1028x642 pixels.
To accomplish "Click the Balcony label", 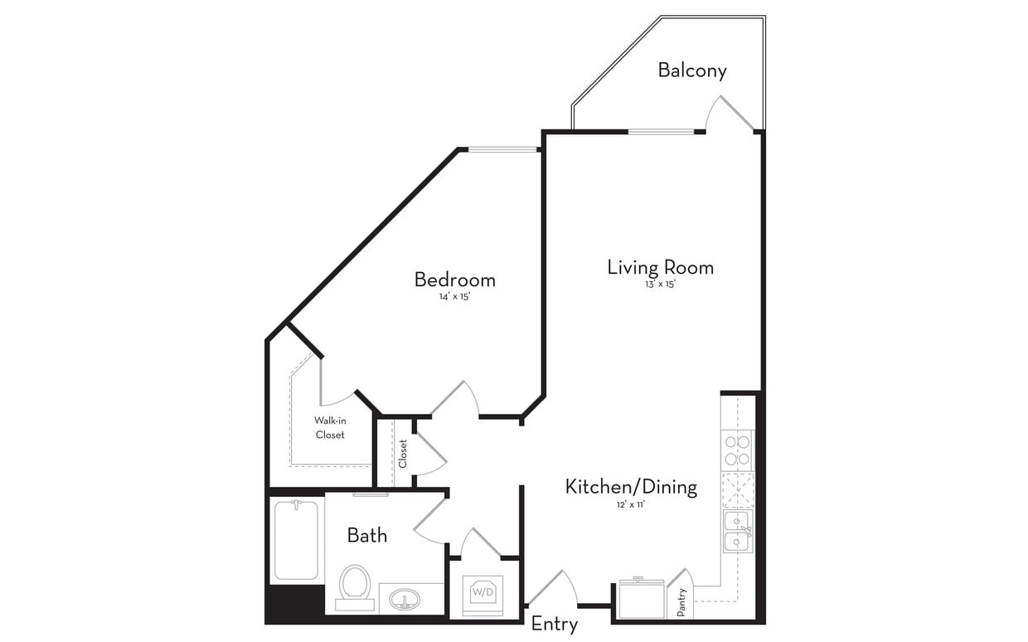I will (692, 71).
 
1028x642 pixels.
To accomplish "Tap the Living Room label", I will (660, 267).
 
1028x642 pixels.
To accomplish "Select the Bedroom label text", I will (454, 280).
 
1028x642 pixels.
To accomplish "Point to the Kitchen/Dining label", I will (631, 487).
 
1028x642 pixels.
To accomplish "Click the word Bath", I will (366, 536).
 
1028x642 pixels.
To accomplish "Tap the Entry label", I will (554, 624).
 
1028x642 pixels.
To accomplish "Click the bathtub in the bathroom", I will (296, 539).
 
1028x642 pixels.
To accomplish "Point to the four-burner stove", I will (737, 450).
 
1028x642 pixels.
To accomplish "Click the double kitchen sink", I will (736, 532).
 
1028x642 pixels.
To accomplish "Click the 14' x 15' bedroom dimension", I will (454, 297).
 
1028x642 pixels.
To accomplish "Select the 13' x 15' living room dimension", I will (660, 285).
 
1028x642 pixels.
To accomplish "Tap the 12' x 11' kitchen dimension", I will (630, 504).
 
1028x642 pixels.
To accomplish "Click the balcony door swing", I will (730, 114).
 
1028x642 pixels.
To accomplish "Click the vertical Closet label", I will (403, 453).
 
